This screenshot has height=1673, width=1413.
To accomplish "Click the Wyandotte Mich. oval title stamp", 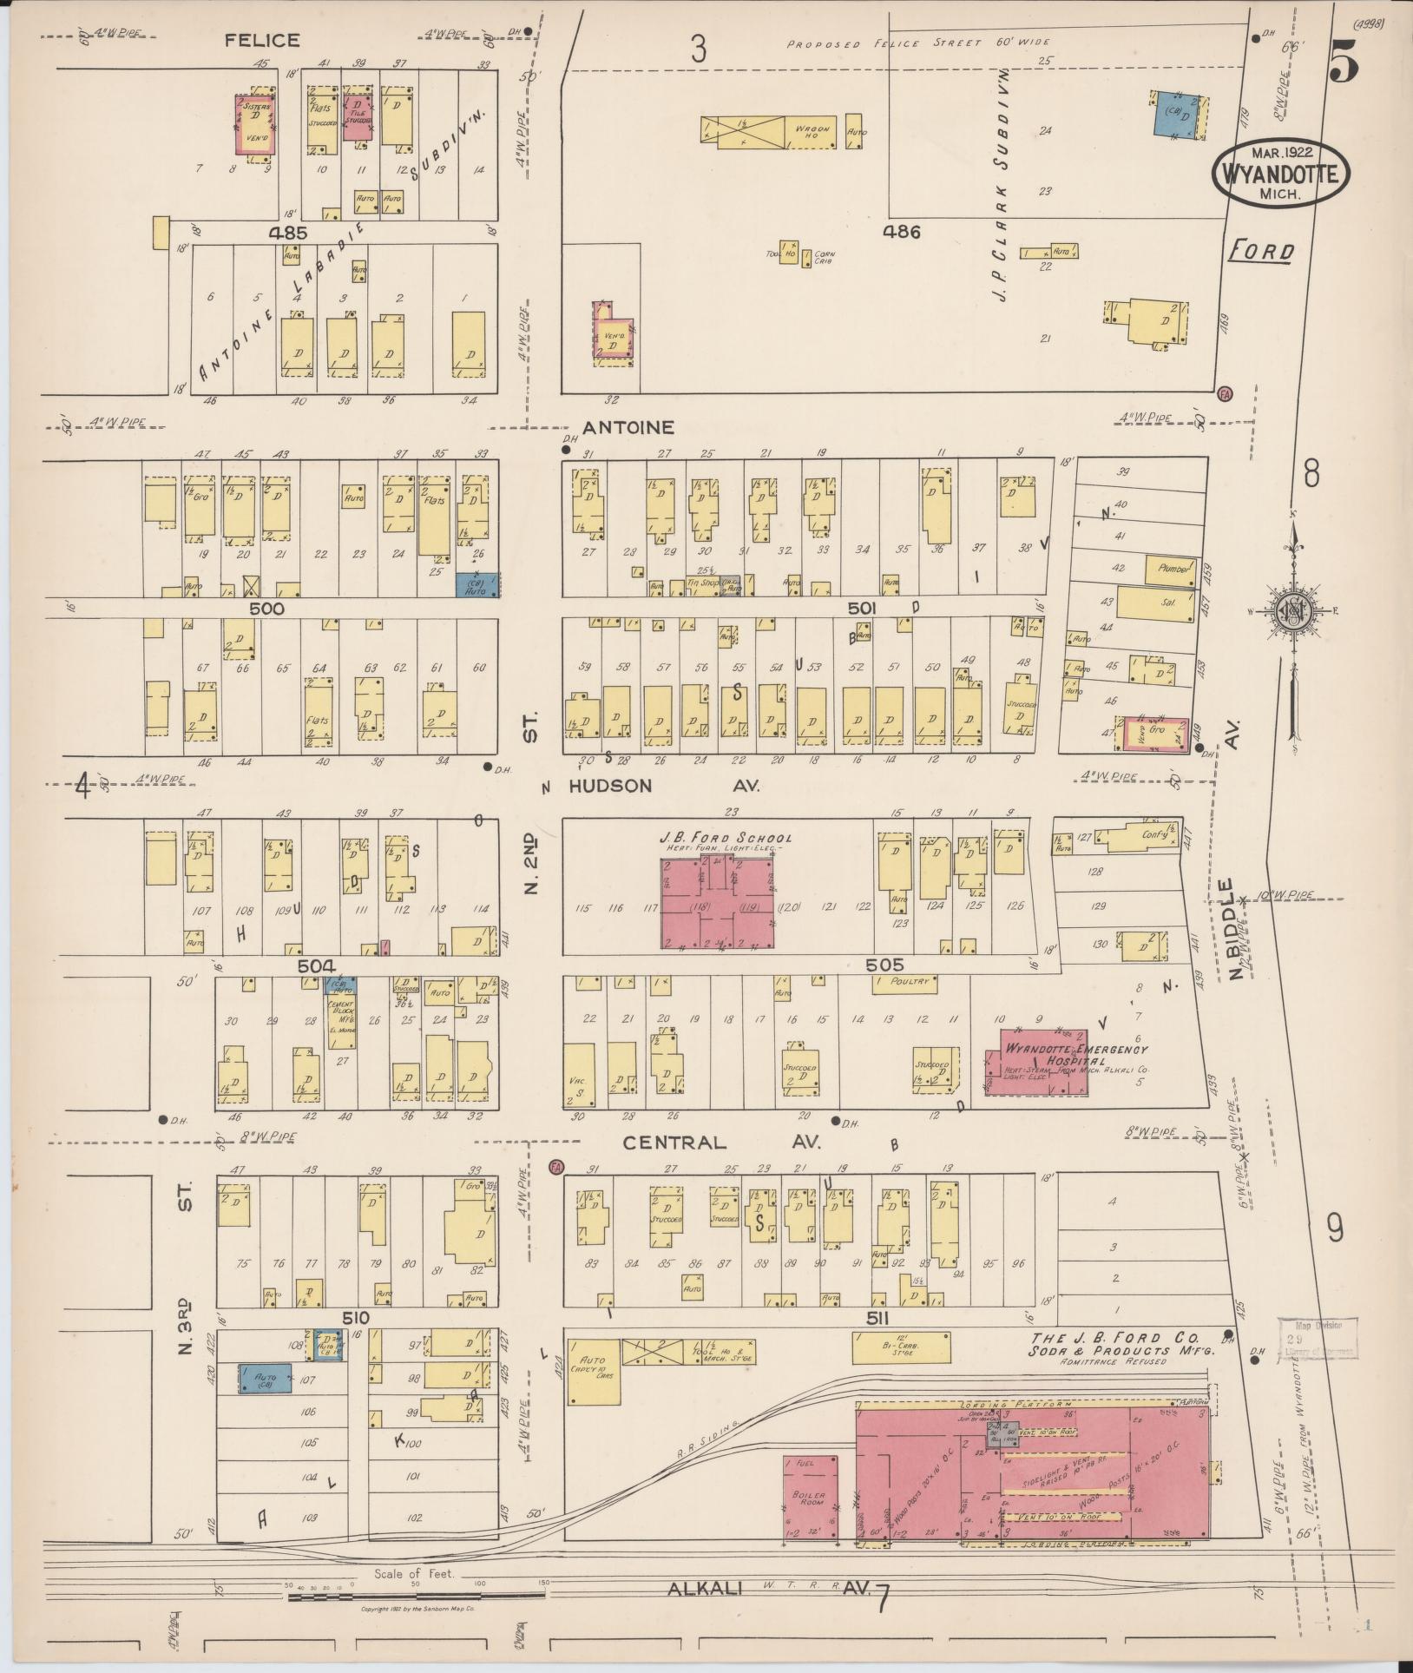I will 1280,174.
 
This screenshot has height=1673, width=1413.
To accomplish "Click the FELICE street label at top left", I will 262,40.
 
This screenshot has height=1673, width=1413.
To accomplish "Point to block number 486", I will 901,231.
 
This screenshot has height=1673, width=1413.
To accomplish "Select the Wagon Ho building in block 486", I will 770,129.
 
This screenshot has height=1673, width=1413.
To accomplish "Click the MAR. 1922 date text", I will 1280,152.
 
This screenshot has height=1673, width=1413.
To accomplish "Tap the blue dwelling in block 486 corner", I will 1174,115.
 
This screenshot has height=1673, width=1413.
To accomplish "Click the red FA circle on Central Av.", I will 555,1166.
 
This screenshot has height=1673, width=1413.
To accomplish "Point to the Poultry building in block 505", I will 910,982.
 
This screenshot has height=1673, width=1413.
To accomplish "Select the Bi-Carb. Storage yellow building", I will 901,1371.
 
